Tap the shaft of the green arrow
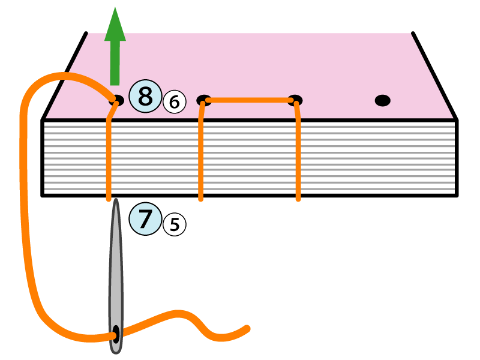click(115, 63)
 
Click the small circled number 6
click(174, 103)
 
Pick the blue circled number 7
click(145, 218)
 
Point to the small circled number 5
click(174, 224)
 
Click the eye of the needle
click(115, 331)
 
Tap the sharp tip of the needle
click(115, 201)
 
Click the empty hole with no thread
click(382, 100)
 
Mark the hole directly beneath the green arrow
click(116, 100)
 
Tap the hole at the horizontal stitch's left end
click(204, 100)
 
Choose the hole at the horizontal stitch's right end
click(295, 100)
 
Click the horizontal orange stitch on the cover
click(249, 100)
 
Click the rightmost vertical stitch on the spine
click(298, 156)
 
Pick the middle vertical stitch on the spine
click(201, 156)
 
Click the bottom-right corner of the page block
click(457, 195)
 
